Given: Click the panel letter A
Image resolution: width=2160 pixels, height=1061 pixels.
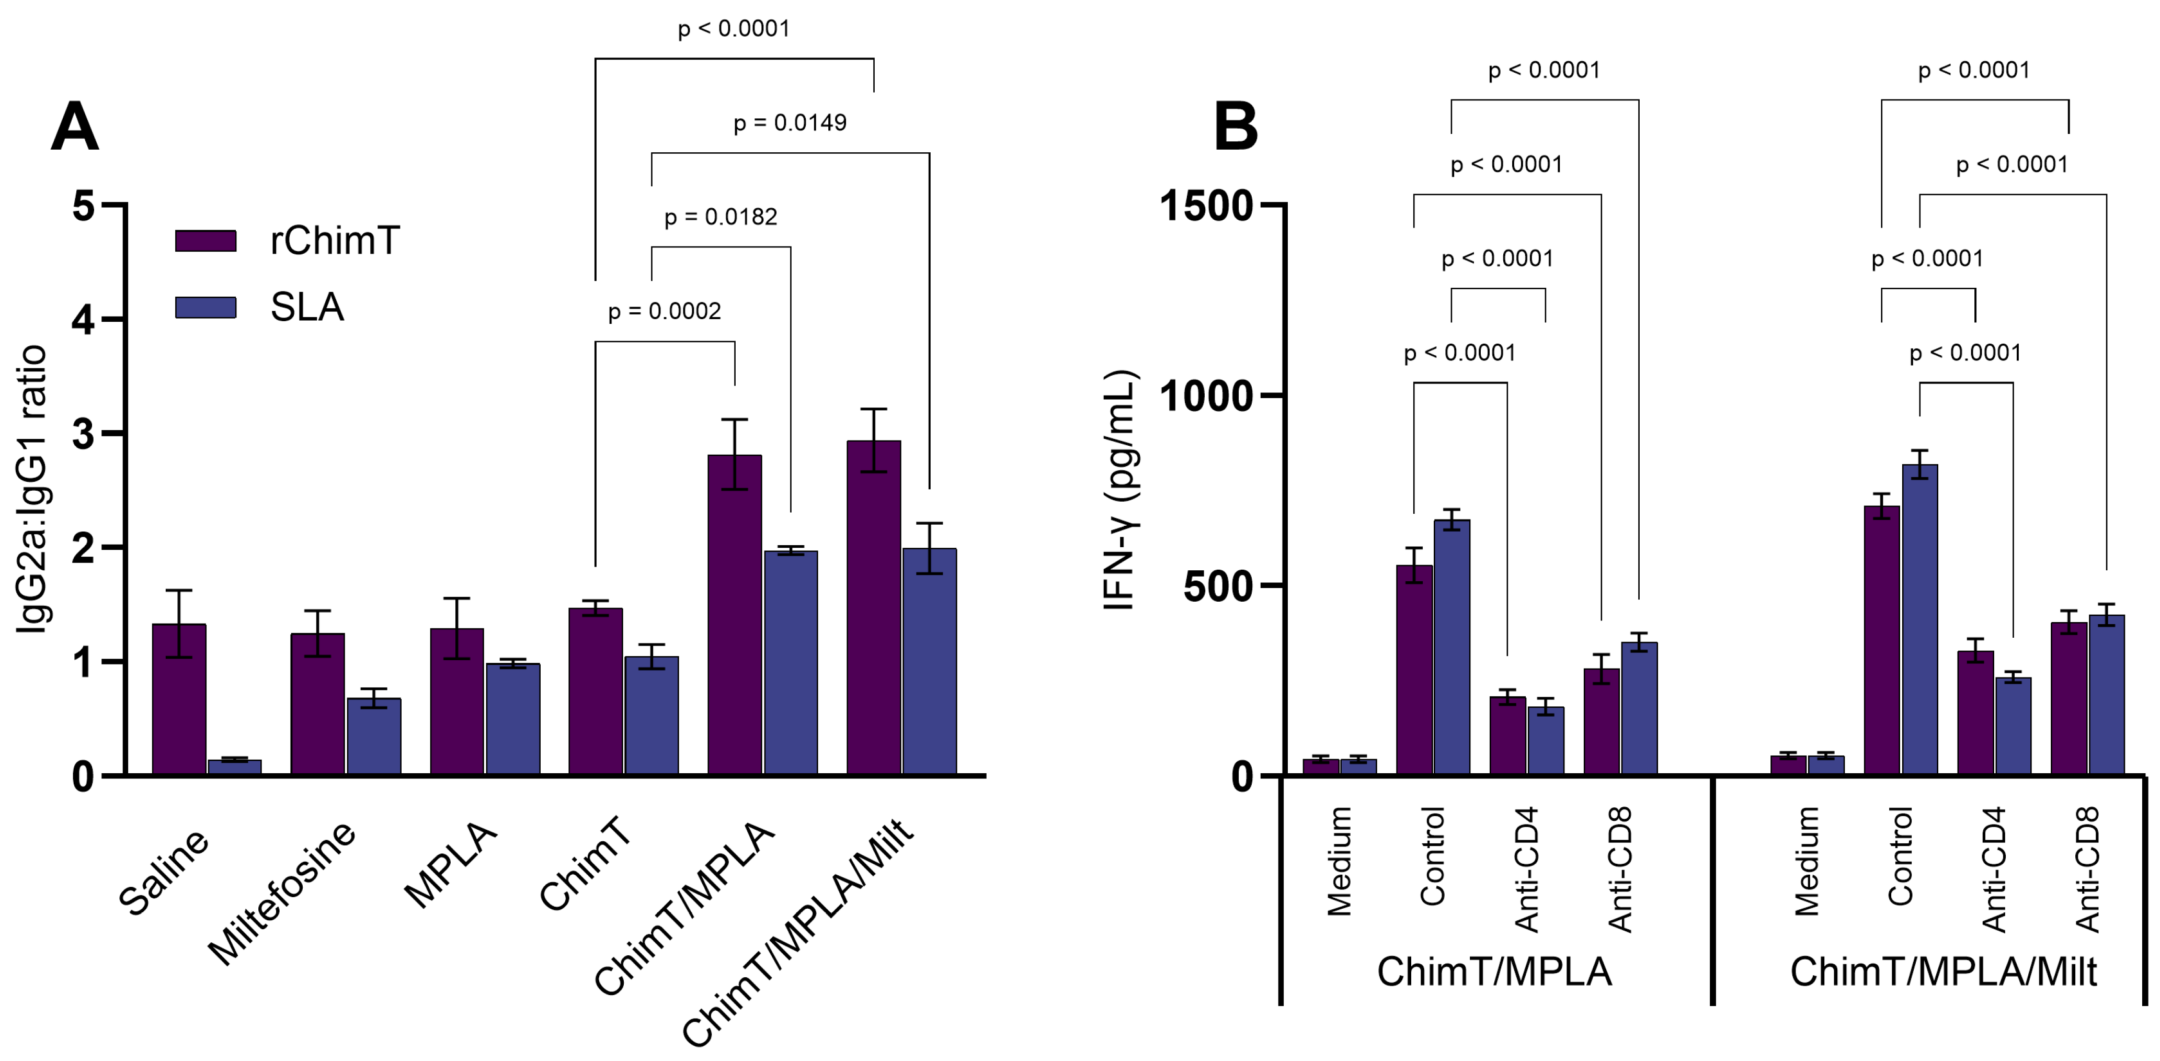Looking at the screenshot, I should pos(75,128).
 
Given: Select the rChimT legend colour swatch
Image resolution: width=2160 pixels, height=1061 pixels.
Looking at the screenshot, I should pos(205,241).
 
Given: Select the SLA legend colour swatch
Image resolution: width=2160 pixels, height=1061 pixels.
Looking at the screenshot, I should pos(205,308).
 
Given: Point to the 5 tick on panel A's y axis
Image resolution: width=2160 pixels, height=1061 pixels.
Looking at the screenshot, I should pos(84,206).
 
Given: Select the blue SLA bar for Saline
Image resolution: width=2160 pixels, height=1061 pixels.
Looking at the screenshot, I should pos(235,766).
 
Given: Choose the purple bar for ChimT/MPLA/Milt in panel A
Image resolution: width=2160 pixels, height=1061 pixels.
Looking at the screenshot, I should pos(874,607).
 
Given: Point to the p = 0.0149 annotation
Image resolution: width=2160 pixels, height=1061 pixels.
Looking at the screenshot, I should pos(790,123).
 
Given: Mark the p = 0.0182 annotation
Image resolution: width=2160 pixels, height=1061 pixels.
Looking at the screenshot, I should pos(721,217).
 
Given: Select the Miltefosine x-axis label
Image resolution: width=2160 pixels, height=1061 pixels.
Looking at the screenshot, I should pos(282,893).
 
